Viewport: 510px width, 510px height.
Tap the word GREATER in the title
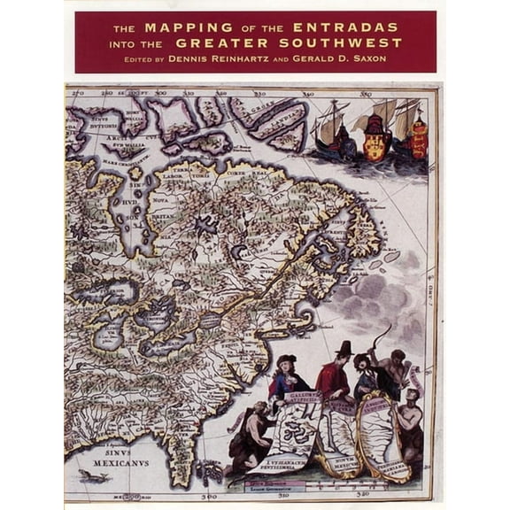click(x=220, y=42)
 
